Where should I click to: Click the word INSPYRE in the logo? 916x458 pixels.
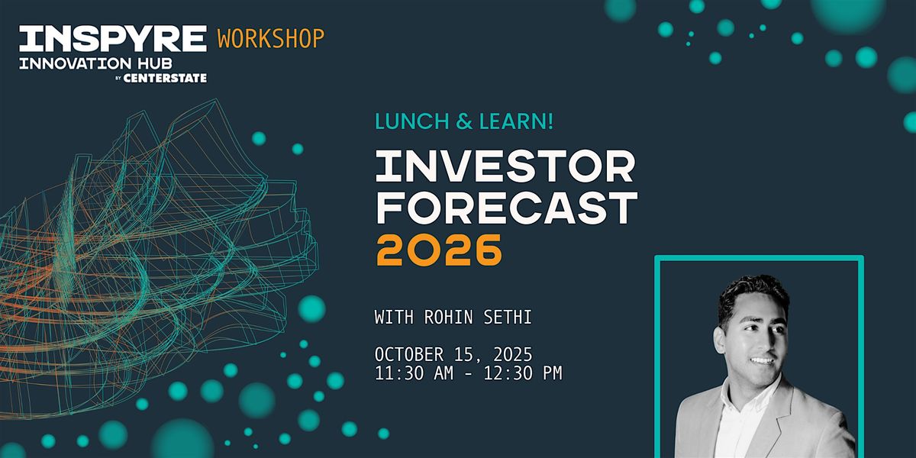pos(113,38)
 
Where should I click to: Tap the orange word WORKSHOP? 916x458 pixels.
pos(271,38)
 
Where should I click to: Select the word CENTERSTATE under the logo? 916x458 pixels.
pos(165,78)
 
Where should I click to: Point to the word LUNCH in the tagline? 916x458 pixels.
pos(406,121)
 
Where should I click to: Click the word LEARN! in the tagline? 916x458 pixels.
pos(516,121)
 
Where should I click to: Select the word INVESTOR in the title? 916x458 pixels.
pos(505,166)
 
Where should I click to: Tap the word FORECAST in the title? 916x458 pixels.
pos(507,208)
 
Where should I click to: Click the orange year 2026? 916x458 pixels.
pos(439,250)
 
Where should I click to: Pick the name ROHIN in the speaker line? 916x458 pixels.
pos(448,318)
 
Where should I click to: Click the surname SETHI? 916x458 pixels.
pos(508,318)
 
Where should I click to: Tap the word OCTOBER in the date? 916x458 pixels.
pos(409,354)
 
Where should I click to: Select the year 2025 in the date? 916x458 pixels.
pos(513,354)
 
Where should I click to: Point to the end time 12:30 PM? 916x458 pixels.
pos(523,373)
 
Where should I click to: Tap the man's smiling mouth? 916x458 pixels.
pos(762,360)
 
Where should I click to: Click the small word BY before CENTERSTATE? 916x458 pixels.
pos(118,79)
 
